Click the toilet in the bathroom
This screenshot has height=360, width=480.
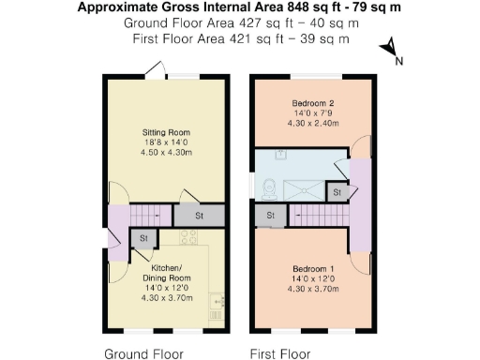pos(268,188)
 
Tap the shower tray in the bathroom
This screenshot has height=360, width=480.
pos(304,188)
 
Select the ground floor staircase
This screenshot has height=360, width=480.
pos(152,215)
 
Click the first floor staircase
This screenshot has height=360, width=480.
pos(319,217)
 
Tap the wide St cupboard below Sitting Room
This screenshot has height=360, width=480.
pos(199,216)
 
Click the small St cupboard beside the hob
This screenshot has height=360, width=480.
pos(143,239)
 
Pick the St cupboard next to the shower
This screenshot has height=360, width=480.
pos(336,191)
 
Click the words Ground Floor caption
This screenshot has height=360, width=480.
pos(143,353)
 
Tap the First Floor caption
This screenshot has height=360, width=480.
pos(279,353)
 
